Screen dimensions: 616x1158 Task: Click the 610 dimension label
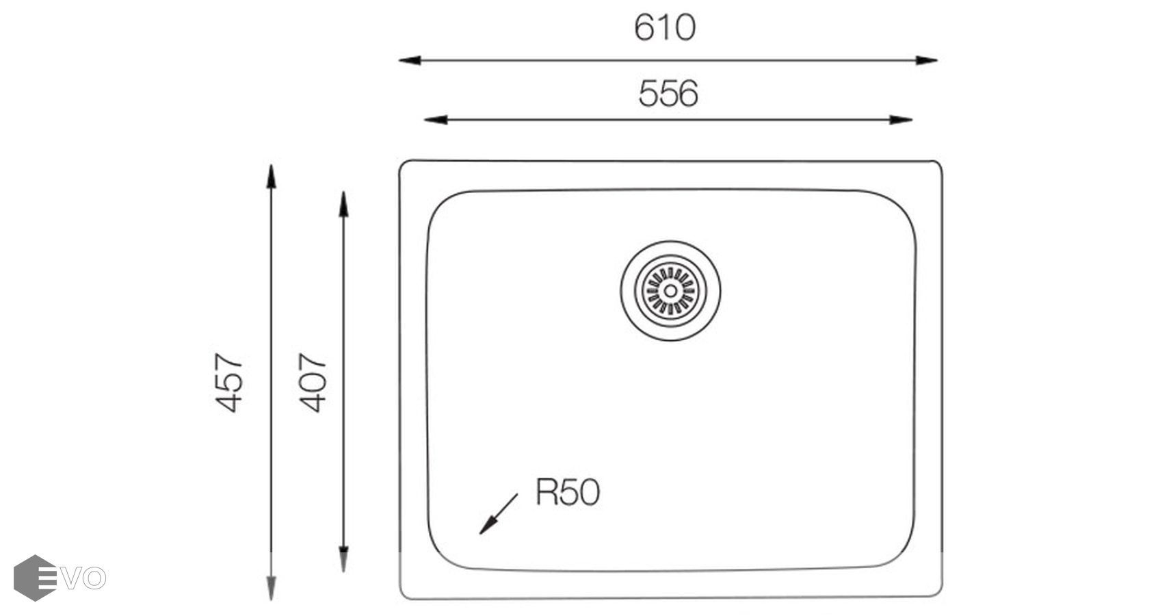[x=664, y=28]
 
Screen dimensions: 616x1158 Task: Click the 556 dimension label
[x=668, y=94]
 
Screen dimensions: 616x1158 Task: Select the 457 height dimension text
[x=230, y=383]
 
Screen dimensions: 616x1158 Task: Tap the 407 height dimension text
[x=313, y=383]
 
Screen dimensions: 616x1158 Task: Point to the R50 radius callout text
[x=567, y=492]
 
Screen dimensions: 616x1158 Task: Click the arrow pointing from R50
[x=497, y=515]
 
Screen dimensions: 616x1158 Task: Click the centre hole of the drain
[x=670, y=291]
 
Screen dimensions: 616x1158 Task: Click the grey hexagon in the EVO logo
[x=34, y=578]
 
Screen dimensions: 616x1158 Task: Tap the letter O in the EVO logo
[x=95, y=578]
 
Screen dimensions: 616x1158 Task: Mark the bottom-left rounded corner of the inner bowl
[x=440, y=555]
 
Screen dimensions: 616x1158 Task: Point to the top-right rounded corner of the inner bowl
[x=902, y=205]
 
